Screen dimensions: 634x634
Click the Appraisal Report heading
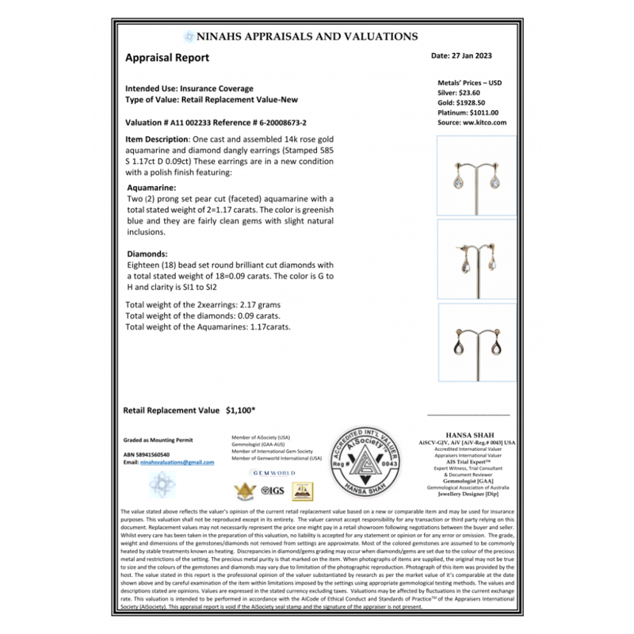167,58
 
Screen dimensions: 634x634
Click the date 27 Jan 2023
472,57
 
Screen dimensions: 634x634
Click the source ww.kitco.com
484,123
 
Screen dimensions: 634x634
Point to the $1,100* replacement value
240,411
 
